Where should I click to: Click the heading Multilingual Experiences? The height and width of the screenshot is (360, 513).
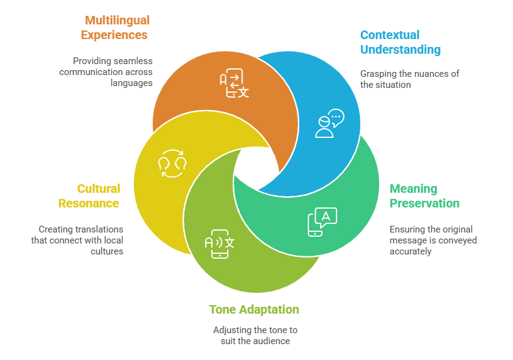[115, 28]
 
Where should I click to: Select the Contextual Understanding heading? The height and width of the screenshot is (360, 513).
[400, 42]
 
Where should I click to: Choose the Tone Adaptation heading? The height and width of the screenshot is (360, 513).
[254, 309]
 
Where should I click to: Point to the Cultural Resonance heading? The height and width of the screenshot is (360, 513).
[89, 196]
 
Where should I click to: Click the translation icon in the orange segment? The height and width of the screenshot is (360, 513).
[235, 84]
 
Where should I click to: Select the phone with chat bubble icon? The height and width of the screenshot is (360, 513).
[322, 221]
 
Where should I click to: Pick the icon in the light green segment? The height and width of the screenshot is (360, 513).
[219, 243]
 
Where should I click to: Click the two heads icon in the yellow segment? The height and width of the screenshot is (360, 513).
[172, 163]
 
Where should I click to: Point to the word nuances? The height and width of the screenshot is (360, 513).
[428, 74]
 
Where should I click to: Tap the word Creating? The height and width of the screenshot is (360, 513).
[56, 229]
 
